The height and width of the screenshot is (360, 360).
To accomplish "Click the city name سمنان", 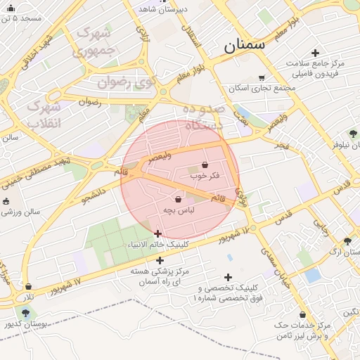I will click(x=245, y=45).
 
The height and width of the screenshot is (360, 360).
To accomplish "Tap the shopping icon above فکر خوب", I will click(x=205, y=165).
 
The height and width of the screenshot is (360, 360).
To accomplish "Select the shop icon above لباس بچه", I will click(x=178, y=200).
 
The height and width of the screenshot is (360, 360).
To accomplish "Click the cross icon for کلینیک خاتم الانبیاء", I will click(x=157, y=233).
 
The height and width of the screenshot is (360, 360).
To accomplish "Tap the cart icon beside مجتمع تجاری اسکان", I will click(x=262, y=78).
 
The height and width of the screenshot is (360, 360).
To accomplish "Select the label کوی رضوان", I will click(x=125, y=82).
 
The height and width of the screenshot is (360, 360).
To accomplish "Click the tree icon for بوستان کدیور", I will click(x=26, y=313).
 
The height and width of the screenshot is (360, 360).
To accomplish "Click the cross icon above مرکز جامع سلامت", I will click(x=314, y=53).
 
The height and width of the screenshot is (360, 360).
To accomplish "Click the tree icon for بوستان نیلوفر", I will click(x=353, y=133).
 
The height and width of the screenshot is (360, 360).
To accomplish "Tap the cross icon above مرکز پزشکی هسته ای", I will click(x=160, y=260).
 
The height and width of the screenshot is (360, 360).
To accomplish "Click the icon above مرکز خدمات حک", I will click(x=302, y=315).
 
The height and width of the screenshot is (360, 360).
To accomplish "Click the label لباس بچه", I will click(x=179, y=210).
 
